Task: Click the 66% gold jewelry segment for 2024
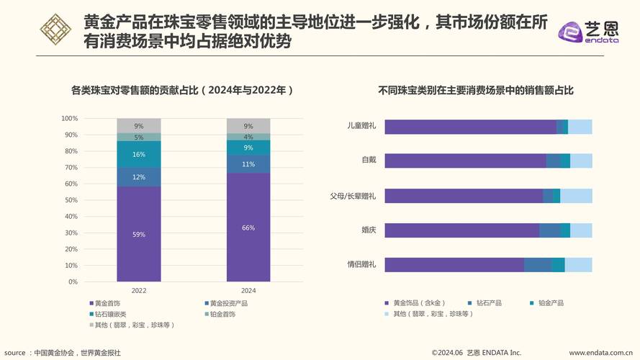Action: point(248,228)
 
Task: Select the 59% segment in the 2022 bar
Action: point(139,234)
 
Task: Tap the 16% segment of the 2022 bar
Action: point(139,154)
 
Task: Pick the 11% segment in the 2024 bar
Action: point(248,164)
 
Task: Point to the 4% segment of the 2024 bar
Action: point(248,137)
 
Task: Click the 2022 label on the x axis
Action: point(139,291)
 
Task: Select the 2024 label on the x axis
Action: point(248,291)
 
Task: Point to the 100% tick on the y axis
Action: point(70,118)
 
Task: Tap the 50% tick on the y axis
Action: point(70,200)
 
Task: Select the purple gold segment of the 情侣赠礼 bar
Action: point(454,265)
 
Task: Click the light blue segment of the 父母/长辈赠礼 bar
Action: point(576,196)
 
